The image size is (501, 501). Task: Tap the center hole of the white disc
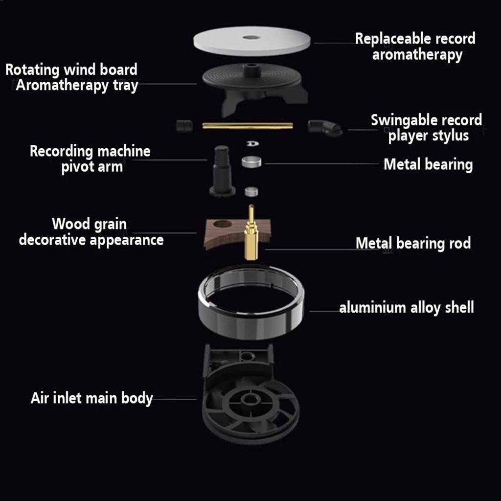point(251,37)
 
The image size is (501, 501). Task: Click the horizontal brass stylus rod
point(248,126)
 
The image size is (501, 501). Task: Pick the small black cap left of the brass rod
point(184,125)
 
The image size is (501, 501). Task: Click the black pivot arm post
point(222,171)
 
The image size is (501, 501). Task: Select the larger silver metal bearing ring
point(251,161)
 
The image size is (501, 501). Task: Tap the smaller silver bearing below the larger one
point(251,191)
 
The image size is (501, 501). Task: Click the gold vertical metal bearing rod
point(251,233)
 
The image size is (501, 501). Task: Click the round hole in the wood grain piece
point(223,224)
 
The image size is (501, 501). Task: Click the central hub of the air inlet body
point(250,399)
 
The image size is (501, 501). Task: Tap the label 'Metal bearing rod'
point(413,243)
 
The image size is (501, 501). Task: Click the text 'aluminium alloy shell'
point(407,308)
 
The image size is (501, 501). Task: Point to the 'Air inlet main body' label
point(91,398)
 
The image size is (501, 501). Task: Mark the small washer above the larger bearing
point(253,143)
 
